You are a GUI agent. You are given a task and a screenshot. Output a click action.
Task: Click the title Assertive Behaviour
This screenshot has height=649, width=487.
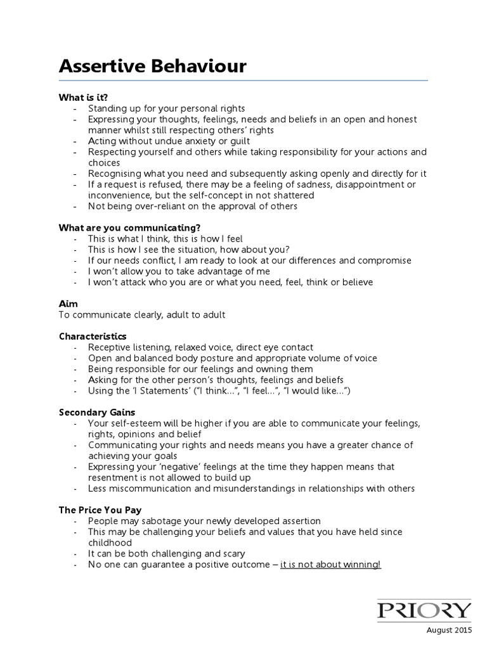tap(152, 67)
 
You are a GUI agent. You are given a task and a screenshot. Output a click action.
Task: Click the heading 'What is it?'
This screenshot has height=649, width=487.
tap(83, 98)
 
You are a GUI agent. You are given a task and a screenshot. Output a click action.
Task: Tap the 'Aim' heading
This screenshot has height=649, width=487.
tap(68, 304)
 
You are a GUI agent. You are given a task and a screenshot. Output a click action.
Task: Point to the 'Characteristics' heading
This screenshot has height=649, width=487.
tap(93, 336)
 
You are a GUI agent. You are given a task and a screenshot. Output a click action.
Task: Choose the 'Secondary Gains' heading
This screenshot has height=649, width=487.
tap(97, 412)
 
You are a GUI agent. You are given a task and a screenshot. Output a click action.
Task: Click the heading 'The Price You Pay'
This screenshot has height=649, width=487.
tap(100, 510)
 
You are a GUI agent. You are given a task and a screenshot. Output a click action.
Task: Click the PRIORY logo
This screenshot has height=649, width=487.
tap(425, 611)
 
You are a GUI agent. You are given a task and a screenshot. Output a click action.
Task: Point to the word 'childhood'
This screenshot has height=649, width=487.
tap(110, 543)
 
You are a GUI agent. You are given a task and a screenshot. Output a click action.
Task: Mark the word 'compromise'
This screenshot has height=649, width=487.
tap(384, 260)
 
